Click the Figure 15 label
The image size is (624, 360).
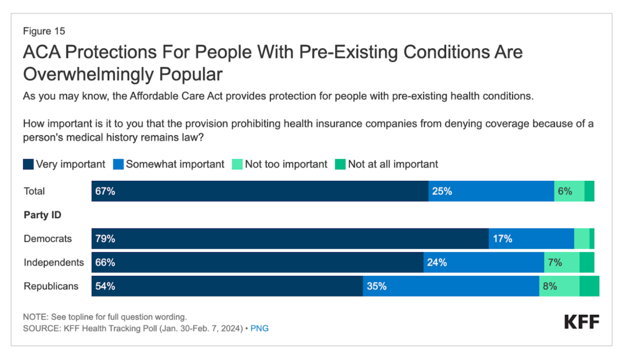(44, 30)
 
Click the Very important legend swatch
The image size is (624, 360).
(28, 164)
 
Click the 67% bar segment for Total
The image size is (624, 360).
(260, 191)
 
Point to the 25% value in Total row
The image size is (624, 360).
(442, 191)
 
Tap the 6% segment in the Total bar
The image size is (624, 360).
(569, 191)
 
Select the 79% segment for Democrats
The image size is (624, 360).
(290, 239)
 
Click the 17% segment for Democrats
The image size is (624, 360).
(531, 239)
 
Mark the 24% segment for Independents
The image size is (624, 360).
(483, 263)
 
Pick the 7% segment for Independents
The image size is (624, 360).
(561, 263)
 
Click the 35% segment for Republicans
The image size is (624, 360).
(451, 286)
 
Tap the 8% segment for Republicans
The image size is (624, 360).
(559, 286)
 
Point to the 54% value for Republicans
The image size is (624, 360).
(105, 286)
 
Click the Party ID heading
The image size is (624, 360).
(42, 215)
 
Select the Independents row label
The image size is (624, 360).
(54, 263)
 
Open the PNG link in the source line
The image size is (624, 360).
(260, 328)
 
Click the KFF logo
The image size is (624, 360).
(581, 322)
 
